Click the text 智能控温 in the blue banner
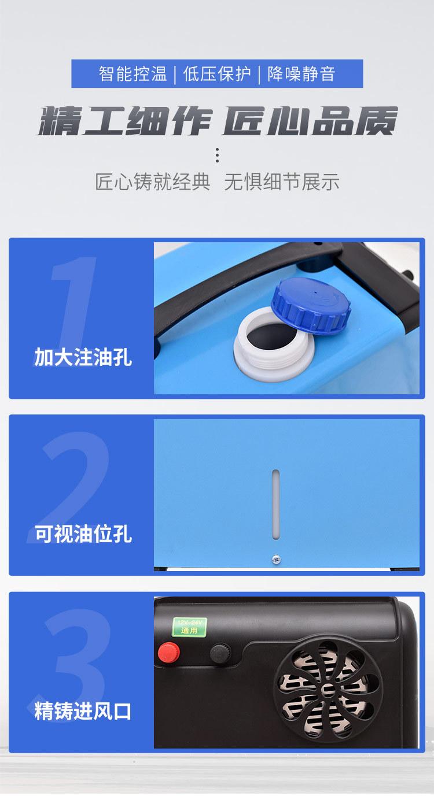pyautogui.click(x=133, y=74)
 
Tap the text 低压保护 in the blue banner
pyautogui.click(x=218, y=74)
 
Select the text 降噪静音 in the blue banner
pyautogui.click(x=301, y=74)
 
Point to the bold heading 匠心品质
pyautogui.click(x=311, y=121)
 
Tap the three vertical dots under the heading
pyautogui.click(x=217, y=155)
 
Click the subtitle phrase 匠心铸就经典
pyautogui.click(x=153, y=182)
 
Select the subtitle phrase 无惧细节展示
pyautogui.click(x=281, y=182)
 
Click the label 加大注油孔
pyautogui.click(x=83, y=357)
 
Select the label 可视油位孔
pyautogui.click(x=83, y=534)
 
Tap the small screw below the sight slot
pyautogui.click(x=276, y=558)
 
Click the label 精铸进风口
pyautogui.click(x=83, y=710)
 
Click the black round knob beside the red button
pyautogui.click(x=219, y=653)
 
